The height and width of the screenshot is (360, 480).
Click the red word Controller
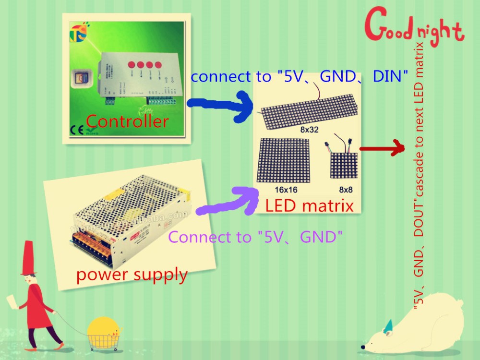coord(127,121)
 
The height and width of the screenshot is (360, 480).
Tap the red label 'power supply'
coord(132,275)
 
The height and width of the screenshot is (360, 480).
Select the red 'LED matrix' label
coord(309,206)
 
